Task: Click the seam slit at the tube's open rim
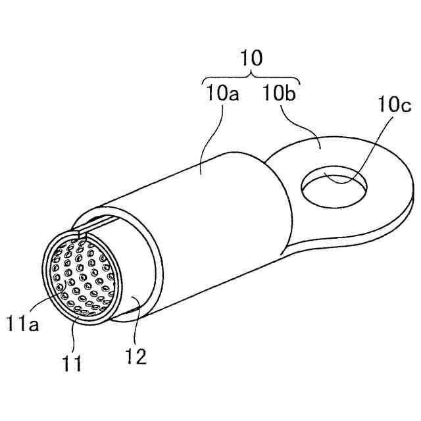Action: coord(82,232)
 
